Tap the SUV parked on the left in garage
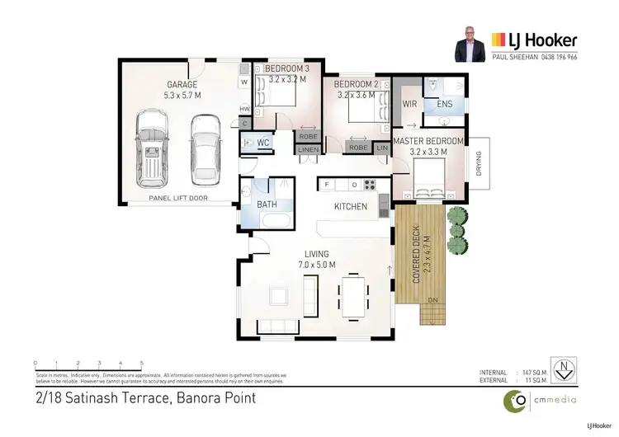(152, 149)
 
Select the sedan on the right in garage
(205, 148)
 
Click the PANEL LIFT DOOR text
(177, 199)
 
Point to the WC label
(263, 143)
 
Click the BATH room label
(267, 204)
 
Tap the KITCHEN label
(350, 206)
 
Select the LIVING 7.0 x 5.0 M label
(317, 259)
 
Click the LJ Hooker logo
(534, 39)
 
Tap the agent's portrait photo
(470, 45)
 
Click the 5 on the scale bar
(142, 363)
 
